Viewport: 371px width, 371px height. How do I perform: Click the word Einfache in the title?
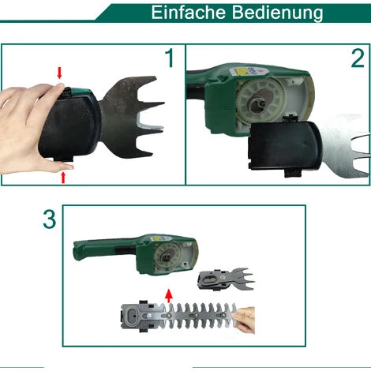click(189, 12)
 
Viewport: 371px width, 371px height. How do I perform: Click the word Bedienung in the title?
click(278, 13)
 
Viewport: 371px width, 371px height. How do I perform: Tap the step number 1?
click(170, 58)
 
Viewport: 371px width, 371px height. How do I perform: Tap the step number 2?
click(358, 58)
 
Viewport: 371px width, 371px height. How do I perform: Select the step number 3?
click(50, 219)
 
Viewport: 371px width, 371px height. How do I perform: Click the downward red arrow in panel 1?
click(59, 73)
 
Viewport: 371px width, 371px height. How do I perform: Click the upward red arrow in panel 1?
click(63, 178)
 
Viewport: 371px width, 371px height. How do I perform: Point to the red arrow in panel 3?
click(169, 296)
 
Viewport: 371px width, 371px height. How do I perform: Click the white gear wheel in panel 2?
click(260, 99)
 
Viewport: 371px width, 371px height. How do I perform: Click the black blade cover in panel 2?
click(285, 145)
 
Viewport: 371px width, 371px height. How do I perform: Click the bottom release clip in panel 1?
click(63, 158)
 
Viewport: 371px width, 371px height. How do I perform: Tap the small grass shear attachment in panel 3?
click(226, 279)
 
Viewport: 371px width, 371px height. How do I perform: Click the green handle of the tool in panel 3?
click(105, 248)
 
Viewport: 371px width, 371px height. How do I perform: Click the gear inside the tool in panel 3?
click(167, 255)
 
